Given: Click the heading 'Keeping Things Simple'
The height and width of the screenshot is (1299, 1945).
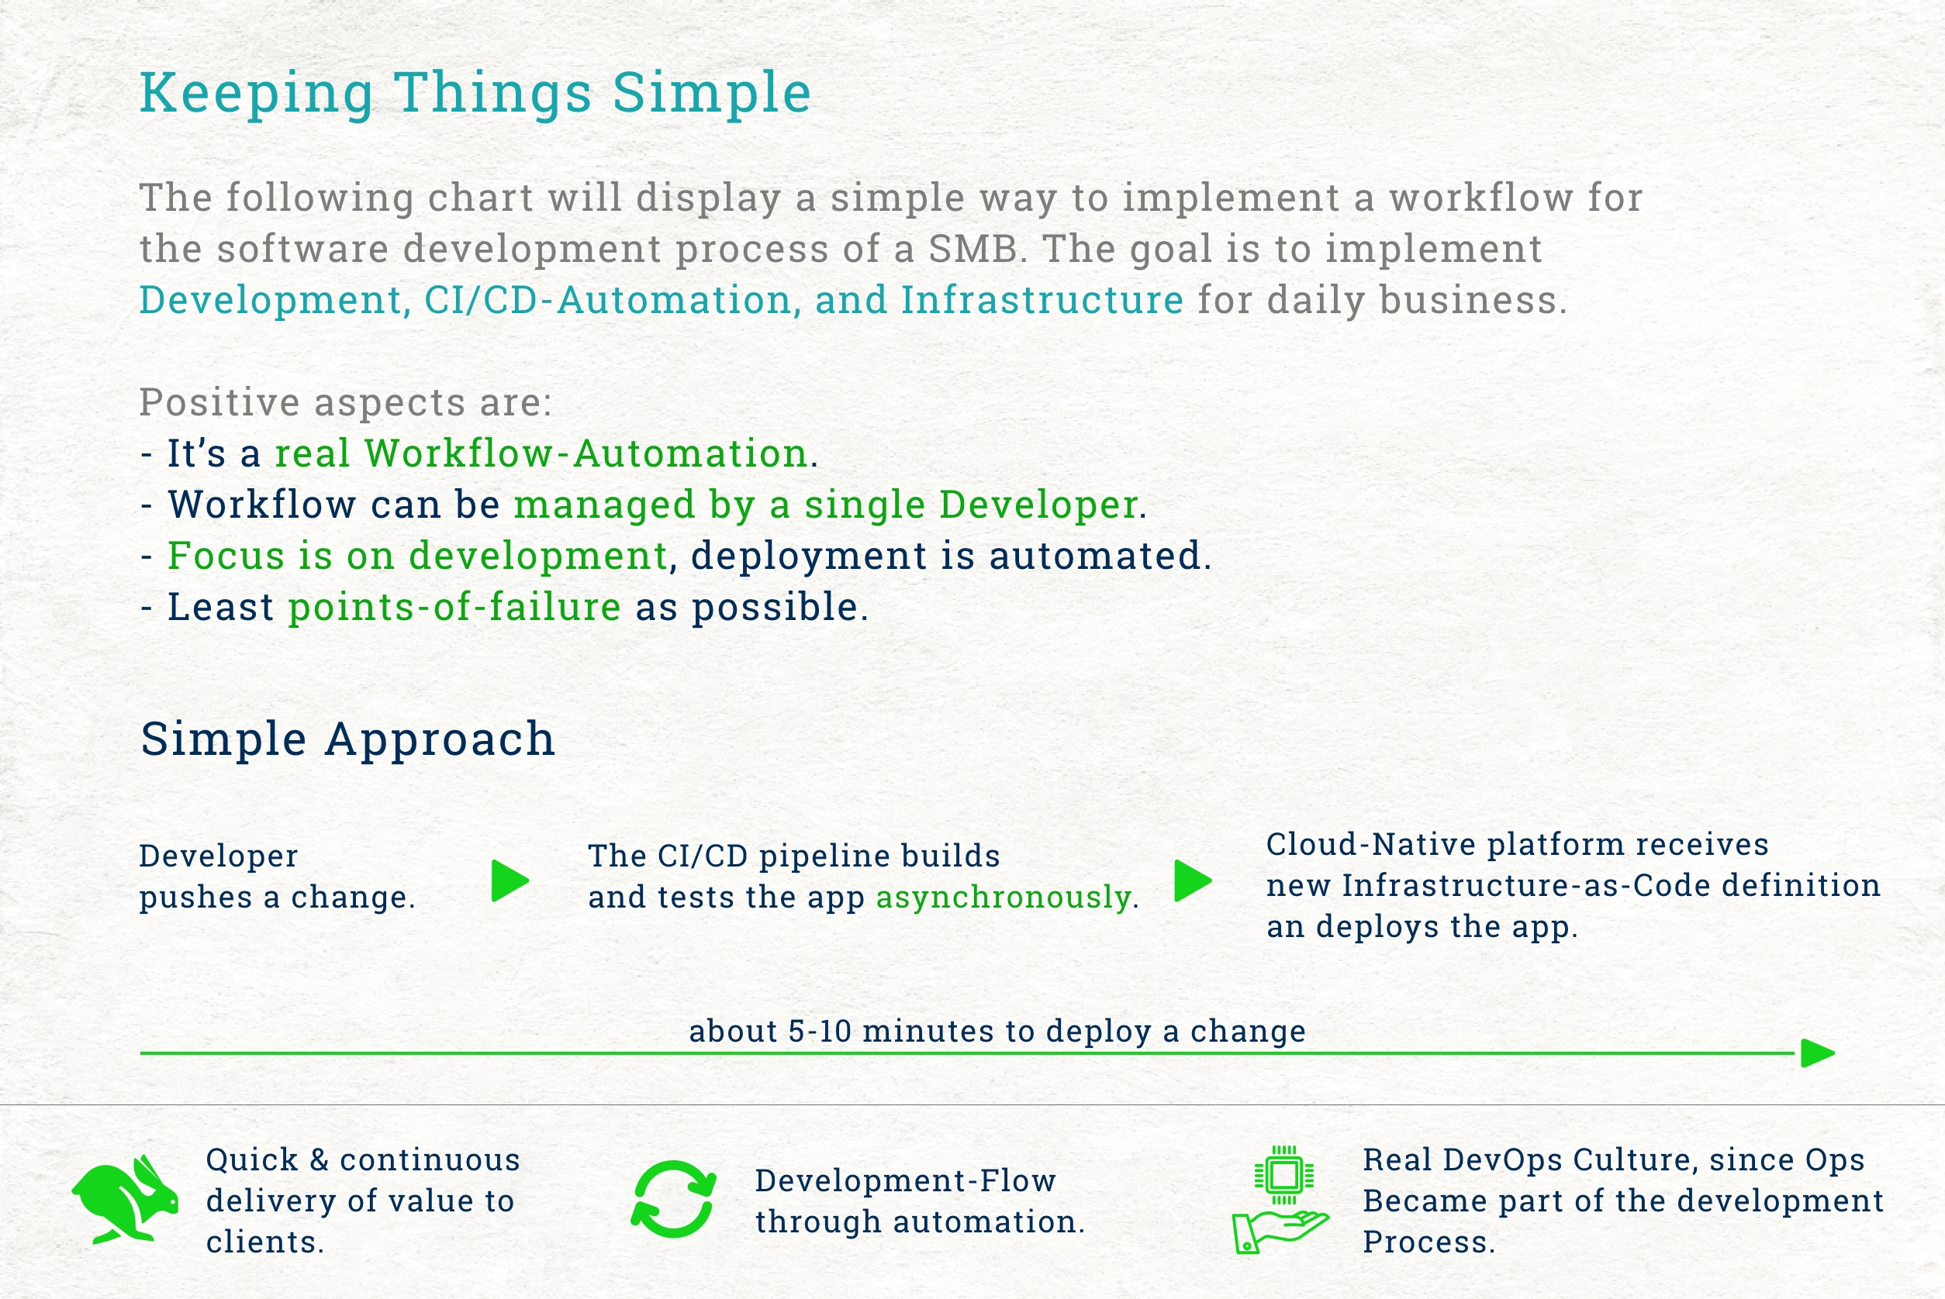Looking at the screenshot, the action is point(475,94).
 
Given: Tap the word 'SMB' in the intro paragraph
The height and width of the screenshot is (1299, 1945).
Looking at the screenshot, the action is point(973,249).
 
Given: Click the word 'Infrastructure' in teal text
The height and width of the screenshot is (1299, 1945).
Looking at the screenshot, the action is point(1042,300).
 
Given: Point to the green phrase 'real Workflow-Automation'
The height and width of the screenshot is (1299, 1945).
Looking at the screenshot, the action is point(541,453).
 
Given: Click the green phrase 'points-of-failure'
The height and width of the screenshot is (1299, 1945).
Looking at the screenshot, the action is point(454,607).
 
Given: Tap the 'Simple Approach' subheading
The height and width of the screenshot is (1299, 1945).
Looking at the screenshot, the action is point(347,738).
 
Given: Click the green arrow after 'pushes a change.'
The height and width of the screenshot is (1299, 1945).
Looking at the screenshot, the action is point(510,880).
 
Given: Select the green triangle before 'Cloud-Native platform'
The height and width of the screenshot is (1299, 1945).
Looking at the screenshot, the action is point(1194,880).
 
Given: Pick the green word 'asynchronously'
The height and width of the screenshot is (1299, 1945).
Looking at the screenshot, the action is point(1004,898).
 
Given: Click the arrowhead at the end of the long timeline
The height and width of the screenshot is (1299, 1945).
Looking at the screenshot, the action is point(1819,1054).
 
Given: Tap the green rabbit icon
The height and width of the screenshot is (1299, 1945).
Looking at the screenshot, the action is point(125,1199).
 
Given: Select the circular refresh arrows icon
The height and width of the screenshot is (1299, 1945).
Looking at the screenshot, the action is point(673,1199).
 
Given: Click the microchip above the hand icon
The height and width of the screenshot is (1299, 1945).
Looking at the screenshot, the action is point(1283,1175).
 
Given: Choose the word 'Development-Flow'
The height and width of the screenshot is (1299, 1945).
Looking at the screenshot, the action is point(905,1180).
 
